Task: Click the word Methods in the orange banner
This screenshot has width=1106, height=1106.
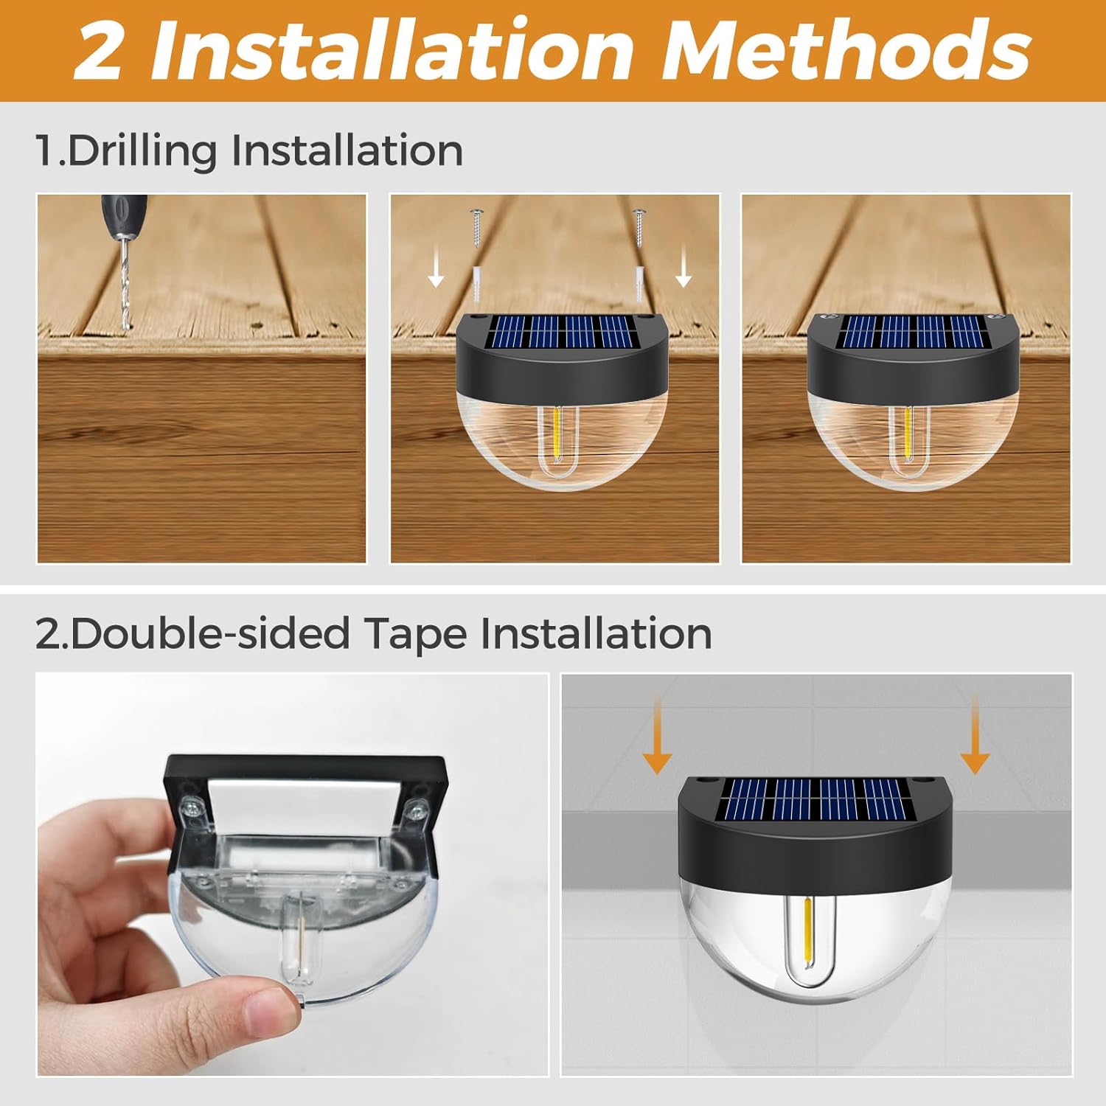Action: pos(846,50)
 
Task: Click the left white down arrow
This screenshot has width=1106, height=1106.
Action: pos(437,266)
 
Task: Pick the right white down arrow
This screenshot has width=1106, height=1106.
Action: pos(684,266)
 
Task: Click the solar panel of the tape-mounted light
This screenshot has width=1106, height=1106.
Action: pos(818,801)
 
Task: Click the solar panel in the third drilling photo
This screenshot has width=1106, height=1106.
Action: pos(913,332)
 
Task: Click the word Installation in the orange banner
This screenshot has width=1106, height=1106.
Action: pos(392,50)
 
